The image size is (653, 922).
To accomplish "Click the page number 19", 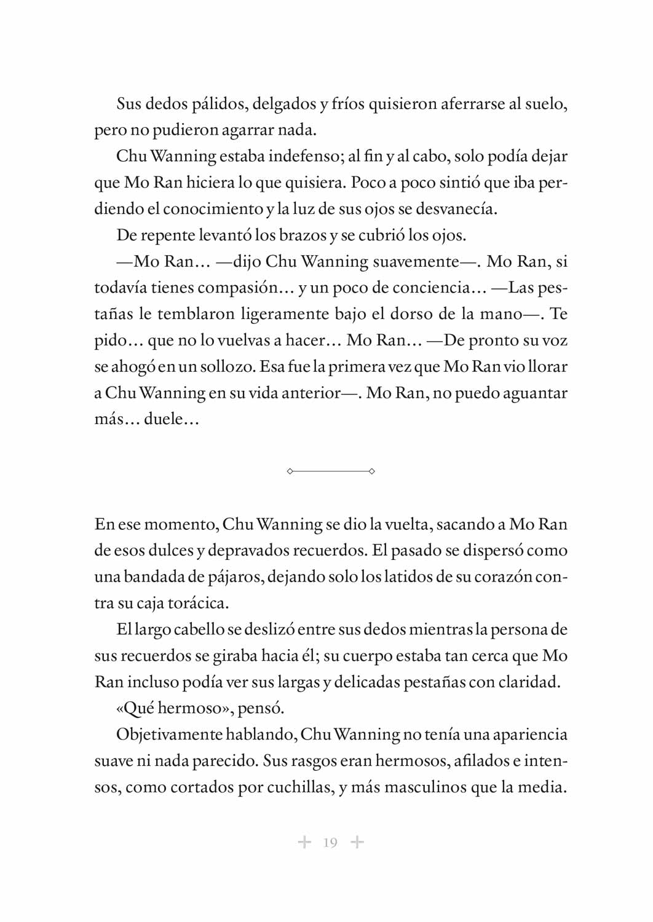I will point(330,842).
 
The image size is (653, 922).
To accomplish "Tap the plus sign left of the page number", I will point(304,841).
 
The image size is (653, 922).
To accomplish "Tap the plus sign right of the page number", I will point(357,841).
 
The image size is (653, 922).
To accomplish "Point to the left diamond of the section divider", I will point(290,471).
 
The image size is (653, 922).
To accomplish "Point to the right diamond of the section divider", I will point(371,471).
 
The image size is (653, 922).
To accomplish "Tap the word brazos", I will point(302,235).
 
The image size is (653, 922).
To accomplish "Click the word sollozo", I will point(224,367).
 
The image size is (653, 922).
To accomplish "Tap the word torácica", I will point(198,603).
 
